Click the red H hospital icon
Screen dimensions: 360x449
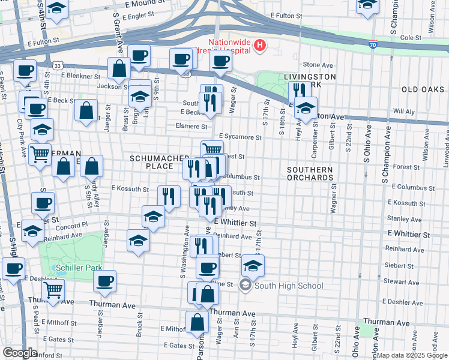tap(259, 44)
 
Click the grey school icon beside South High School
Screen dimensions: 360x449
tap(245, 286)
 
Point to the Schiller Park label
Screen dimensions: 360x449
tap(79, 268)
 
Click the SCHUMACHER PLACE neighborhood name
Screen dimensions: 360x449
tap(160, 161)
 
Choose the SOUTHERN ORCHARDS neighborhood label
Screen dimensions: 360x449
tap(309, 173)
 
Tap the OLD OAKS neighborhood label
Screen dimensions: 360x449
tap(423, 89)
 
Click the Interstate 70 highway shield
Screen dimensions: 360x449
tap(373, 44)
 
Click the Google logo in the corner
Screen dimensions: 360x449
tap(20, 353)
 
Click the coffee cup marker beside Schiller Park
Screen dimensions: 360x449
tap(104, 281)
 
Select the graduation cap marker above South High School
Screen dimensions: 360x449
tap(253, 265)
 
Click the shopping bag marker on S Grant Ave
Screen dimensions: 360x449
tap(119, 68)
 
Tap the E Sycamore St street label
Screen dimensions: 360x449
tap(240, 137)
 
